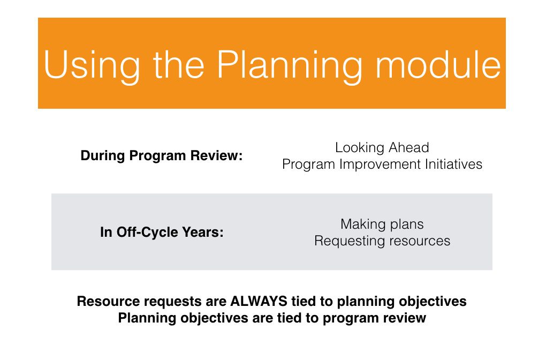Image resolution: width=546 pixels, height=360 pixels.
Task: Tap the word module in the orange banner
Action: tap(438, 65)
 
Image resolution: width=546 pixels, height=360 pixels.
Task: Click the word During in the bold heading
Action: tap(102, 155)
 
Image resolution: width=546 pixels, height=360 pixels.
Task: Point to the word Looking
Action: tap(360, 148)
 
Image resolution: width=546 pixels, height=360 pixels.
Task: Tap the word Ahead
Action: tap(409, 147)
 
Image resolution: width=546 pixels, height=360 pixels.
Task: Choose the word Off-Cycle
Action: tap(147, 232)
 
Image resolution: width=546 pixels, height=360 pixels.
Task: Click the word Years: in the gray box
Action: tap(203, 232)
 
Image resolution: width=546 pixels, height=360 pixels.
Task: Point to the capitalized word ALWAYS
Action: tap(259, 302)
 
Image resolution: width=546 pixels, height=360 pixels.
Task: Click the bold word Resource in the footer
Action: tap(104, 302)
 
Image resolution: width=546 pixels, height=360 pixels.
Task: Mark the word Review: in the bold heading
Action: tap(216, 155)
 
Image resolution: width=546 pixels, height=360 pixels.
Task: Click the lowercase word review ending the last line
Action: tap(404, 318)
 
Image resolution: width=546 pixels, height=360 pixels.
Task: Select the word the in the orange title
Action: tap(178, 65)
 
